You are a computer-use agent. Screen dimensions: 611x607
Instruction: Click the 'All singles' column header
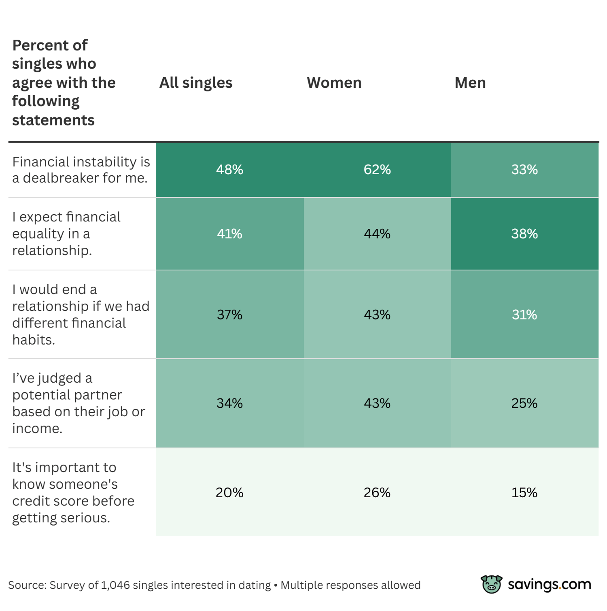click(196, 83)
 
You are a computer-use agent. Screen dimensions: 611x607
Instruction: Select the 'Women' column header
click(334, 83)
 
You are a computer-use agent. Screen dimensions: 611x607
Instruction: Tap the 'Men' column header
click(470, 83)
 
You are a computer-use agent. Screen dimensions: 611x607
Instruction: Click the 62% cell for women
click(377, 170)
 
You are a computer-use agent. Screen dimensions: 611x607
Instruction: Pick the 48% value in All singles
click(229, 170)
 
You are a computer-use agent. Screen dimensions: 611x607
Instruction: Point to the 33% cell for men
click(524, 170)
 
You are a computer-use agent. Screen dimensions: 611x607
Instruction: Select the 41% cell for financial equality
click(229, 234)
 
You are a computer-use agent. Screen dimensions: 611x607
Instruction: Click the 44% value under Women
click(377, 234)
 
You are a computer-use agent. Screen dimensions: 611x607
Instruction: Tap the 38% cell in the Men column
click(524, 234)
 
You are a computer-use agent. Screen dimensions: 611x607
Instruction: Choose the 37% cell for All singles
click(229, 315)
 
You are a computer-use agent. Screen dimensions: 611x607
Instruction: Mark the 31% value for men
click(524, 315)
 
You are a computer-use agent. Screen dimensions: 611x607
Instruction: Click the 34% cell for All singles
click(229, 403)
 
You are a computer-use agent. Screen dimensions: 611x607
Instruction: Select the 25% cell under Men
click(524, 403)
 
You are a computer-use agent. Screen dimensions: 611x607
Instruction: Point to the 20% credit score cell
click(229, 493)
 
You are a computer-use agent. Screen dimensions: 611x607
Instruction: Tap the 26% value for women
click(377, 493)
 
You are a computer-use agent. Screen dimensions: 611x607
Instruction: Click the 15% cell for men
click(524, 493)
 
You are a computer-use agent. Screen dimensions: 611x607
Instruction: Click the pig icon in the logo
click(492, 584)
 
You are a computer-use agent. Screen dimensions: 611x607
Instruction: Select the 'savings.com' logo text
click(550, 585)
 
